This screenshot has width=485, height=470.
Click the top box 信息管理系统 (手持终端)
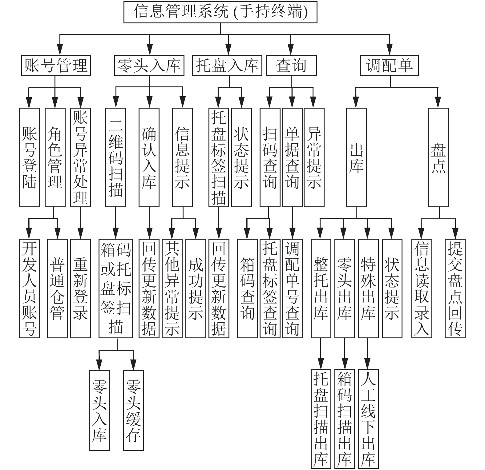coord(220,12)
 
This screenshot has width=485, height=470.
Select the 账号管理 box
coord(56,65)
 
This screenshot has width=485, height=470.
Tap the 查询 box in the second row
coord(291,65)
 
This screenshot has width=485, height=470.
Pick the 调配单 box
coord(389,65)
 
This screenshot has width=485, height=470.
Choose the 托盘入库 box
coord(227,65)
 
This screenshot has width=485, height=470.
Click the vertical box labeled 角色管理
coord(55,157)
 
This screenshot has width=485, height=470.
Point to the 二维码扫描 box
coord(116,157)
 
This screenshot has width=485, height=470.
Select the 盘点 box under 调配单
coord(439,157)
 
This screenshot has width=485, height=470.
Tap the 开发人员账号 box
coord(30,289)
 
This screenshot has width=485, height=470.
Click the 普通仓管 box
coord(58,289)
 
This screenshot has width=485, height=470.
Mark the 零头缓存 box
coord(133,410)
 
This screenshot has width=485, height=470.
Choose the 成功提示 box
coord(196,289)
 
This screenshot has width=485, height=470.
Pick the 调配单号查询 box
coord(293,289)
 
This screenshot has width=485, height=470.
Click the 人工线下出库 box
coord(368,419)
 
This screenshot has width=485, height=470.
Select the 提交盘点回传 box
coord(455,289)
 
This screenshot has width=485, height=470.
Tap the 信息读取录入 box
coord(422,289)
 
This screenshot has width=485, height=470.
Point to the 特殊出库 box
coord(368,289)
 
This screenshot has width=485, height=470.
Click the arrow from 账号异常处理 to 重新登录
coord(80,223)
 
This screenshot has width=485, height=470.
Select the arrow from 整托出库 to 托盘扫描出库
coord(321,354)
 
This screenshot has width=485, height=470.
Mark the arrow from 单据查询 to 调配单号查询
coord(293,223)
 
